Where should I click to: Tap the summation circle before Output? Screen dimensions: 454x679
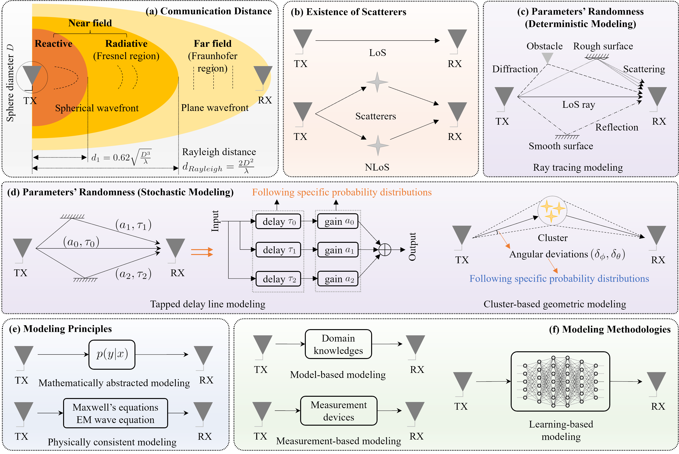[385, 250]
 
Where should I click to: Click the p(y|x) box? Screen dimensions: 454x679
[112, 354]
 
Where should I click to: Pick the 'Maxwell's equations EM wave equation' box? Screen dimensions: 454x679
[115, 413]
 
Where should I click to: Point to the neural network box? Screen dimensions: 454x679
[560, 381]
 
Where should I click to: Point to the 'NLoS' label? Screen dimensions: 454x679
[377, 167]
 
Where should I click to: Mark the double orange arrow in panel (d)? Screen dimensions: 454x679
[202, 252]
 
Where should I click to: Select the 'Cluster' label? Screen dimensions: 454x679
[552, 238]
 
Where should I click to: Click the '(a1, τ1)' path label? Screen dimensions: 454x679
[133, 225]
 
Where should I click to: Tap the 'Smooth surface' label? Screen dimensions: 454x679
[560, 146]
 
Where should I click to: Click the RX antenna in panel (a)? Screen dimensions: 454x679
[263, 76]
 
